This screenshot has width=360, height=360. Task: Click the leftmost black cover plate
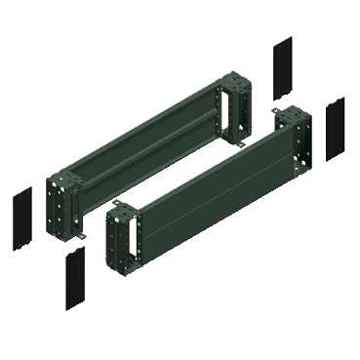pyautogui.click(x=22, y=220)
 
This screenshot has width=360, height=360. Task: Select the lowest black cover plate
pyautogui.click(x=74, y=280)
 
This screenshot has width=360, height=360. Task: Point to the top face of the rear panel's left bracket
pyautogui.click(x=64, y=176)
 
